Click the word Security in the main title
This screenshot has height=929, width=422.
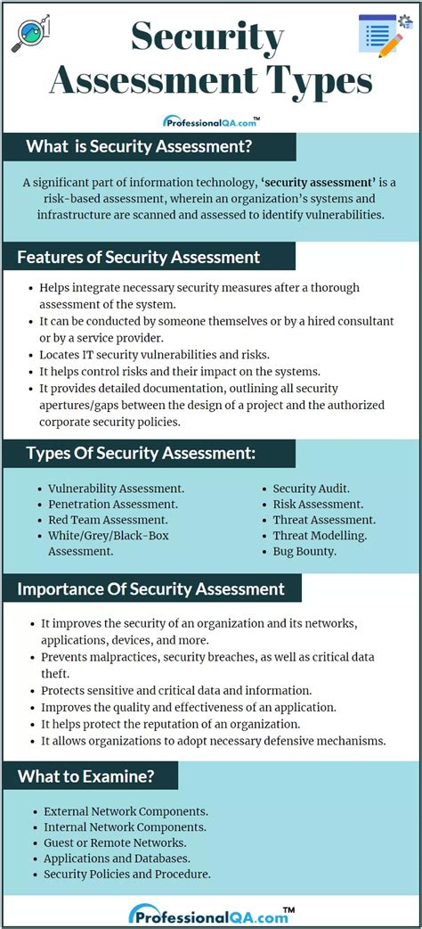click(207, 38)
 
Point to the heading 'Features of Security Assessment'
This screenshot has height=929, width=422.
click(139, 258)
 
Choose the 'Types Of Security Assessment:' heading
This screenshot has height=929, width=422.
click(141, 454)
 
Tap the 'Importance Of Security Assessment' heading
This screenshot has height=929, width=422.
click(150, 588)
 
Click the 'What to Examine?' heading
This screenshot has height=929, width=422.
click(87, 776)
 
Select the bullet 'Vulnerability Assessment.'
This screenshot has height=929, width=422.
click(116, 489)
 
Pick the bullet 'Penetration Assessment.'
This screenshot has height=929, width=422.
click(112, 504)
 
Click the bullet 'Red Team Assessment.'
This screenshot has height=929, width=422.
click(108, 520)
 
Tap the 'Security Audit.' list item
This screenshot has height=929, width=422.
click(311, 489)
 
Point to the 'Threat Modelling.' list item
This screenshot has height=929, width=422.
click(320, 535)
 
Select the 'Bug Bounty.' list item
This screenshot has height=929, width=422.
click(304, 551)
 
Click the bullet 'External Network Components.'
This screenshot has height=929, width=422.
click(126, 811)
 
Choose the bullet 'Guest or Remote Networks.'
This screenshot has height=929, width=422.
click(115, 843)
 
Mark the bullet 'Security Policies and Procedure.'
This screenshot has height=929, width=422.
click(127, 874)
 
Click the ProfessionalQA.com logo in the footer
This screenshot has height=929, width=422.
click(210, 914)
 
